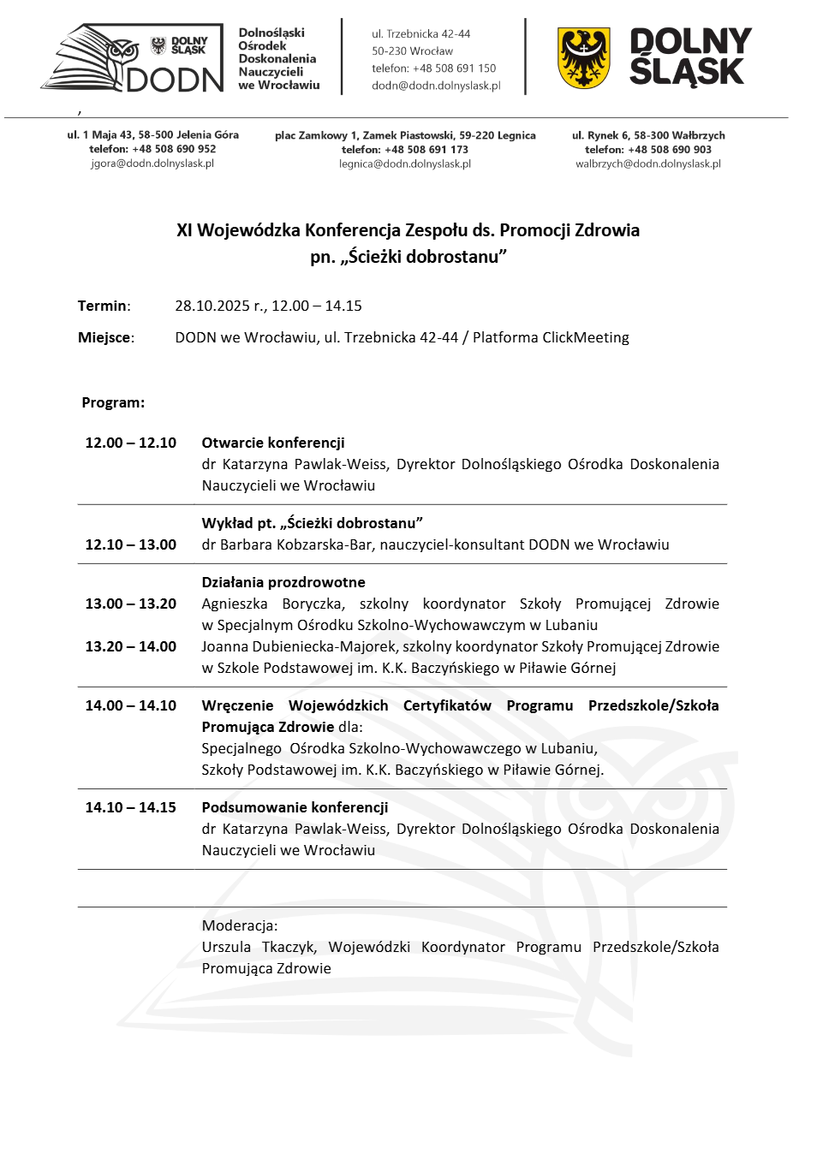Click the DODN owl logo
click(x=133, y=58)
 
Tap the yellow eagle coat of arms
click(x=583, y=58)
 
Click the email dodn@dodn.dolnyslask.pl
click(x=436, y=86)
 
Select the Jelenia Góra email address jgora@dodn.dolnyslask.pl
click(x=152, y=164)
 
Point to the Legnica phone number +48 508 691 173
click(x=426, y=150)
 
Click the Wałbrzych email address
click(x=647, y=164)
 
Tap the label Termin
click(x=103, y=306)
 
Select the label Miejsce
click(x=104, y=337)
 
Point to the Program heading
click(x=113, y=402)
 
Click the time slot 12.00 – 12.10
click(x=130, y=443)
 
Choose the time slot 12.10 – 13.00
click(x=130, y=544)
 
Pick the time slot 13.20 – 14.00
click(x=130, y=646)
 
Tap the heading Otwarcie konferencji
click(x=273, y=443)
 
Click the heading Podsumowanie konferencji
click(x=295, y=807)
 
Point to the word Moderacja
click(x=239, y=925)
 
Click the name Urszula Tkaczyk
click(x=259, y=947)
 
